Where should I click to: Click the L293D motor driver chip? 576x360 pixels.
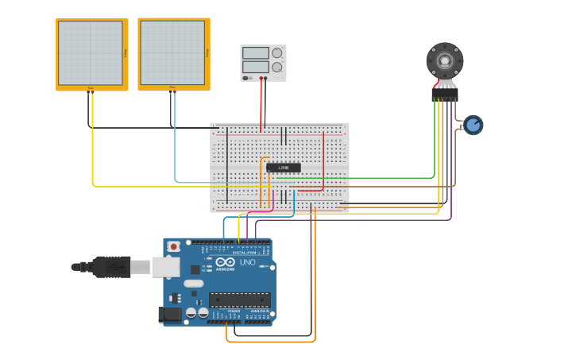(284, 168)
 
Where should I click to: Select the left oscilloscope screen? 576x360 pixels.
(90, 52)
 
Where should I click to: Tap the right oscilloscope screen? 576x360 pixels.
(172, 52)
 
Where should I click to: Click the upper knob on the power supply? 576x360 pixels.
(276, 53)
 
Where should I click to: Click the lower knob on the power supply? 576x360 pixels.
(276, 68)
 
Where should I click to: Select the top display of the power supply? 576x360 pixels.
(256, 53)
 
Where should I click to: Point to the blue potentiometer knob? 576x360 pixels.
(474, 125)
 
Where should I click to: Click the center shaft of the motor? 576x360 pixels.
(445, 60)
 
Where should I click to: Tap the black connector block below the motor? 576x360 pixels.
(444, 94)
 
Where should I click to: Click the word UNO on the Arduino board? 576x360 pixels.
(247, 262)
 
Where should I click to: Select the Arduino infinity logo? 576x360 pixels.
(226, 261)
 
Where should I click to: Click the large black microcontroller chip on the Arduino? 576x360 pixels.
(239, 300)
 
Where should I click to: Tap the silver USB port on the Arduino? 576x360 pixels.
(165, 266)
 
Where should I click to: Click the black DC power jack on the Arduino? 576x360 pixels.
(169, 315)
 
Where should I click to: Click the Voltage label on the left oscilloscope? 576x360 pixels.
(126, 52)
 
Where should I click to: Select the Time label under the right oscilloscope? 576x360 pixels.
(172, 87)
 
